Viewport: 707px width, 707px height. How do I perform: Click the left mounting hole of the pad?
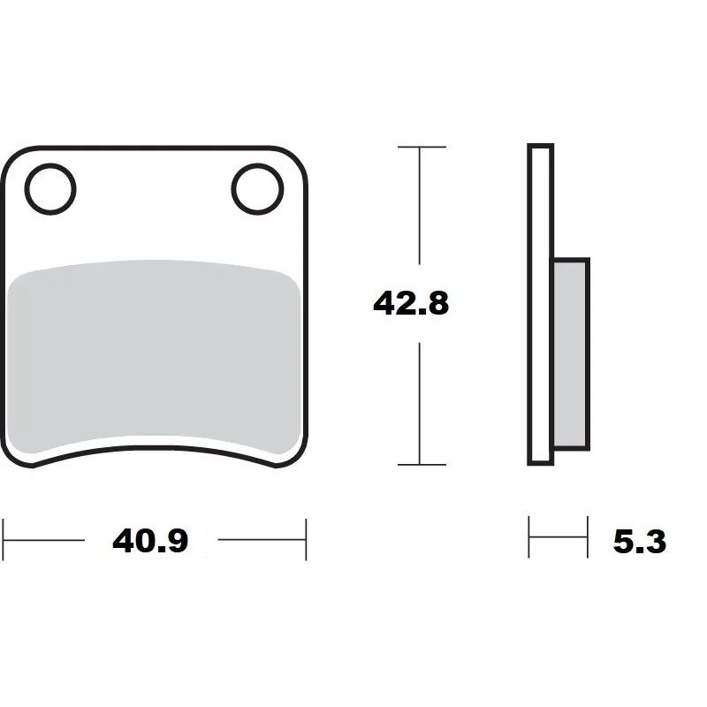(x=50, y=188)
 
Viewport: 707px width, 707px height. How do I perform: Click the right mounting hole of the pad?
(x=257, y=188)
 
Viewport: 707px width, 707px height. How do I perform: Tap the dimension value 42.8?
(x=411, y=303)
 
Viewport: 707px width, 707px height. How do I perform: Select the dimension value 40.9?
(x=150, y=540)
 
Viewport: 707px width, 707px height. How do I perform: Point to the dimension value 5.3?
(x=639, y=540)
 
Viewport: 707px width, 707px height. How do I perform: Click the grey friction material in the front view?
(x=155, y=353)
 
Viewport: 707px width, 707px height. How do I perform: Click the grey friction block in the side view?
(x=570, y=353)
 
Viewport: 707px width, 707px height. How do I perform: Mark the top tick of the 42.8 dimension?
(x=421, y=147)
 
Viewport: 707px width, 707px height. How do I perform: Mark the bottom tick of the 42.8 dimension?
(x=421, y=464)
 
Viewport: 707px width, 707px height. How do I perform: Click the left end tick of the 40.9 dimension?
(x=4, y=539)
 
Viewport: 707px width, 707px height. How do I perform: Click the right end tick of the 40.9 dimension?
(x=306, y=539)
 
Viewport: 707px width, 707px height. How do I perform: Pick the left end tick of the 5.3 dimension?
(x=529, y=537)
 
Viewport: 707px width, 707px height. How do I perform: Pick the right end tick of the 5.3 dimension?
(x=587, y=537)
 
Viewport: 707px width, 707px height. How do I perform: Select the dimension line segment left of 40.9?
(x=44, y=539)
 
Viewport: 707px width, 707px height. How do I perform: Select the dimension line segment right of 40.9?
(x=261, y=539)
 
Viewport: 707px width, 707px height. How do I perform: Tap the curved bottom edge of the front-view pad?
(x=155, y=447)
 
